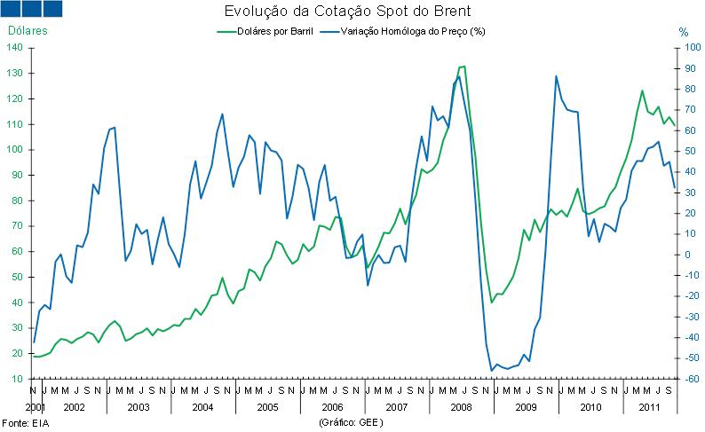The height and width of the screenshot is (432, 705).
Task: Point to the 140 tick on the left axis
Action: pyautogui.click(x=16, y=47)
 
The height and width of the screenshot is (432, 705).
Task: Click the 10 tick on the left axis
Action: pyautogui.click(x=19, y=379)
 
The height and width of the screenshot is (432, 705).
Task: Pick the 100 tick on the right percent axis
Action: pyautogui.click(x=679, y=47)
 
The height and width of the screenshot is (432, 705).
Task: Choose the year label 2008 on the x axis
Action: pyautogui.click(x=462, y=406)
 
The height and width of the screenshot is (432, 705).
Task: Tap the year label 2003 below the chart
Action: pyautogui.click(x=138, y=406)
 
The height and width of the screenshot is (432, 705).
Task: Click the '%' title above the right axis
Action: pyautogui.click(x=683, y=32)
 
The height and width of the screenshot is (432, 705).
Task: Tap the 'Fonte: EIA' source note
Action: pyautogui.click(x=22, y=424)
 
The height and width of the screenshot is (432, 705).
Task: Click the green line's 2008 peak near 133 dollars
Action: pyautogui.click(x=463, y=67)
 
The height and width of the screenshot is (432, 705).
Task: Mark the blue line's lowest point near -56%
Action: pyautogui.click(x=491, y=371)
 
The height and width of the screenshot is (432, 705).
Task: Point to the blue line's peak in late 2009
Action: pyautogui.click(x=556, y=76)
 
